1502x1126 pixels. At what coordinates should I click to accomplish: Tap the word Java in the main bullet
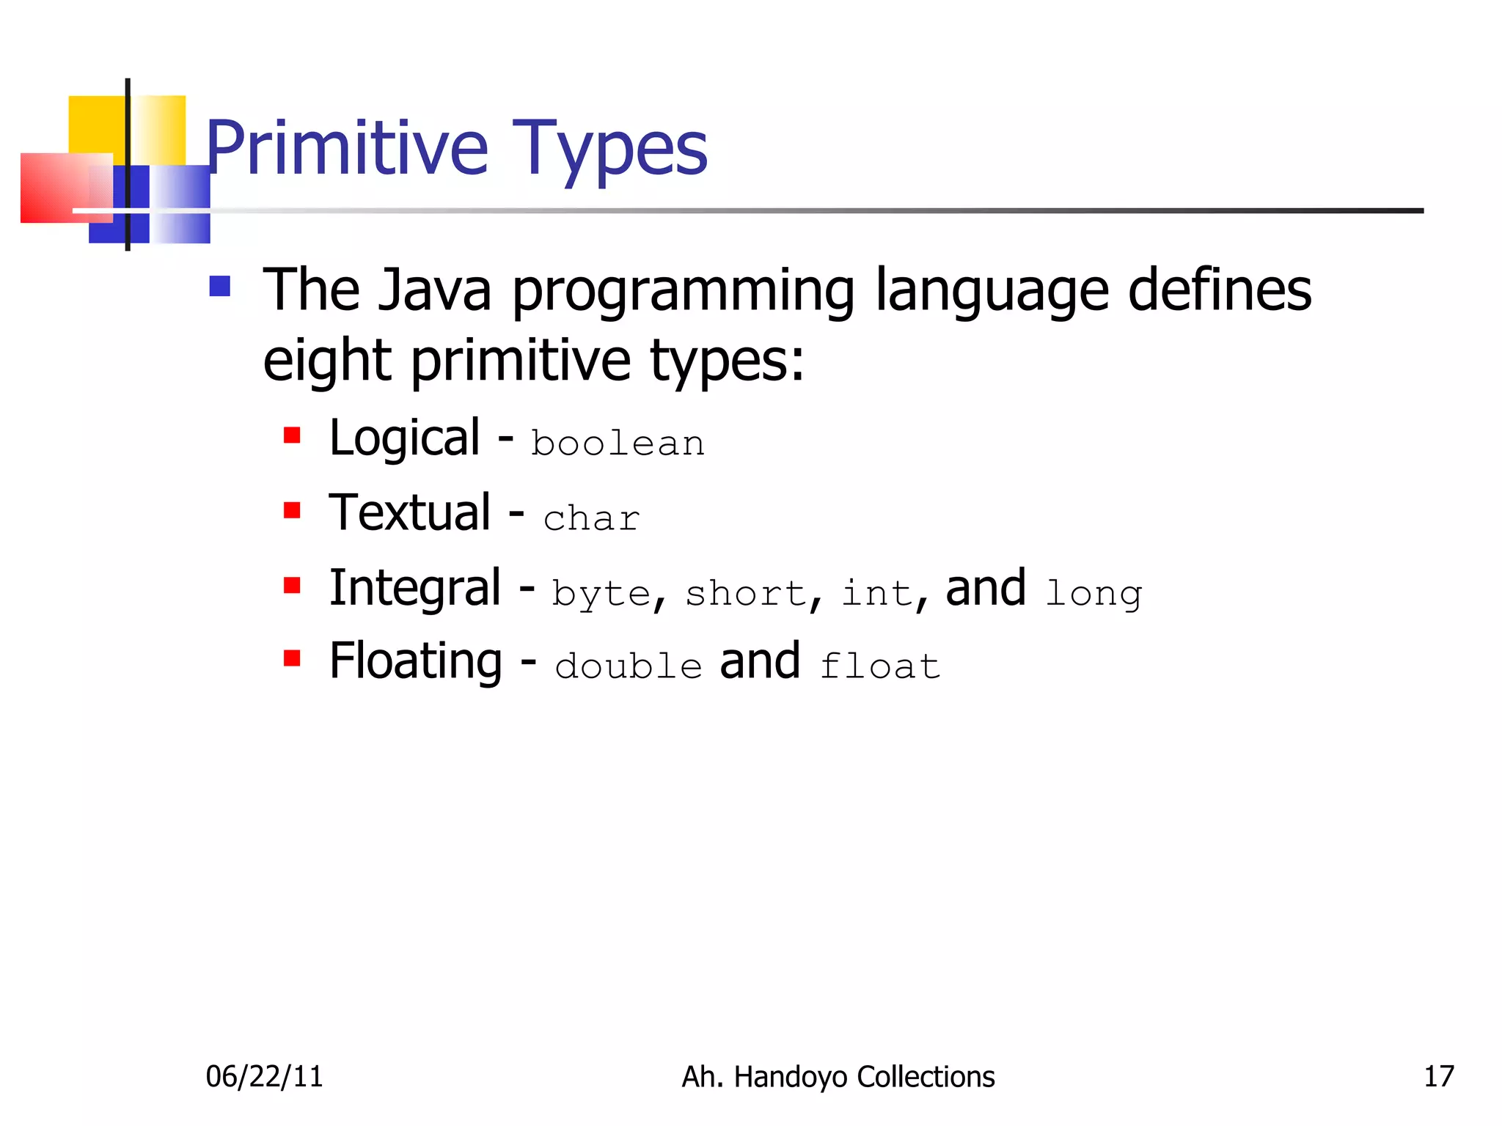(x=434, y=290)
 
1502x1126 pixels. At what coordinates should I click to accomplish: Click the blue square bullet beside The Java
(x=220, y=286)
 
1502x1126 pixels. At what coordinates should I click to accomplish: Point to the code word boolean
(x=618, y=444)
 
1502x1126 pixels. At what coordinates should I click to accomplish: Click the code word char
(x=591, y=518)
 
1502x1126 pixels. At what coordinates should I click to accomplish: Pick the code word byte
(x=601, y=594)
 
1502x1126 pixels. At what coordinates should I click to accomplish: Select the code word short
(x=745, y=592)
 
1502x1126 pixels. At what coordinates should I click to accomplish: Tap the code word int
(x=876, y=592)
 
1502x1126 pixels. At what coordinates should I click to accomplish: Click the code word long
(x=1093, y=594)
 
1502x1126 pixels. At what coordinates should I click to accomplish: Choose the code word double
(x=629, y=666)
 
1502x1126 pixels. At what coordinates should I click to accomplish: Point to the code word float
(x=879, y=666)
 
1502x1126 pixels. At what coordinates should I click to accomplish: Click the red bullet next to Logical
(x=293, y=436)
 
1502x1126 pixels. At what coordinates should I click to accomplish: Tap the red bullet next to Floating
(x=293, y=658)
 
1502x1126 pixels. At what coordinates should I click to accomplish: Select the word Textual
(x=410, y=512)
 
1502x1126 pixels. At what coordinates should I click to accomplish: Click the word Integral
(x=415, y=588)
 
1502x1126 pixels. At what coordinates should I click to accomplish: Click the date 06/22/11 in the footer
(x=264, y=1076)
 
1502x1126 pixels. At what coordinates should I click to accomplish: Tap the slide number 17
(x=1438, y=1076)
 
